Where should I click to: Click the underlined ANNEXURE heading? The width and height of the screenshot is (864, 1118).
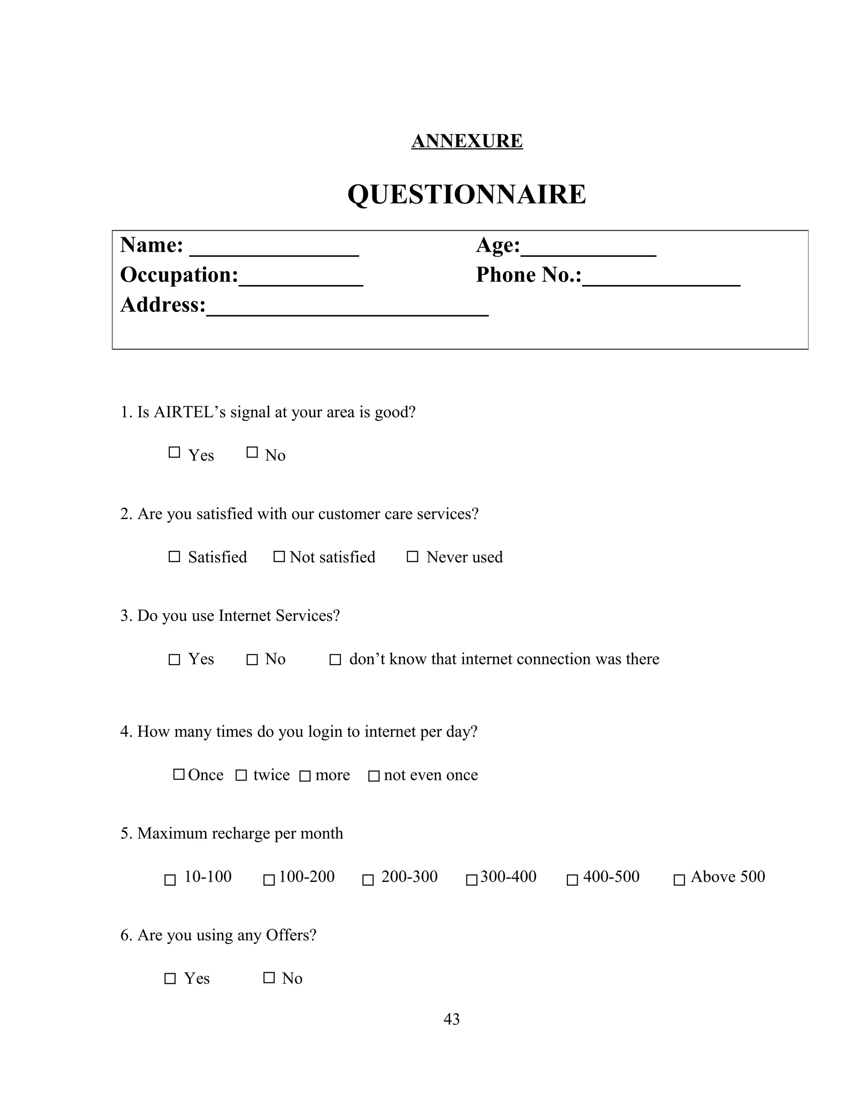tap(467, 141)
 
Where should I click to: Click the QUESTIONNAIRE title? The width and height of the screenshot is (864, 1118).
tap(467, 194)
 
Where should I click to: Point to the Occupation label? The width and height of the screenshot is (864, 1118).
tap(179, 275)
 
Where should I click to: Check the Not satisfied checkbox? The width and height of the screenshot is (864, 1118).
tap(279, 556)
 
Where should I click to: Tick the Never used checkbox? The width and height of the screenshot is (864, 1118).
tap(413, 556)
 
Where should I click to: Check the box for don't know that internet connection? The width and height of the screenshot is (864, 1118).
tap(335, 660)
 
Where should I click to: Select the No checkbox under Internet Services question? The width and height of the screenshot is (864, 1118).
tap(252, 660)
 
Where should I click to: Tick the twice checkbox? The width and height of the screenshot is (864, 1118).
tap(241, 775)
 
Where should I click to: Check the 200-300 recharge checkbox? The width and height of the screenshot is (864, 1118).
tap(368, 880)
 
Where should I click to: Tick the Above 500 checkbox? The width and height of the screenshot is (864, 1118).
tap(679, 880)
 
